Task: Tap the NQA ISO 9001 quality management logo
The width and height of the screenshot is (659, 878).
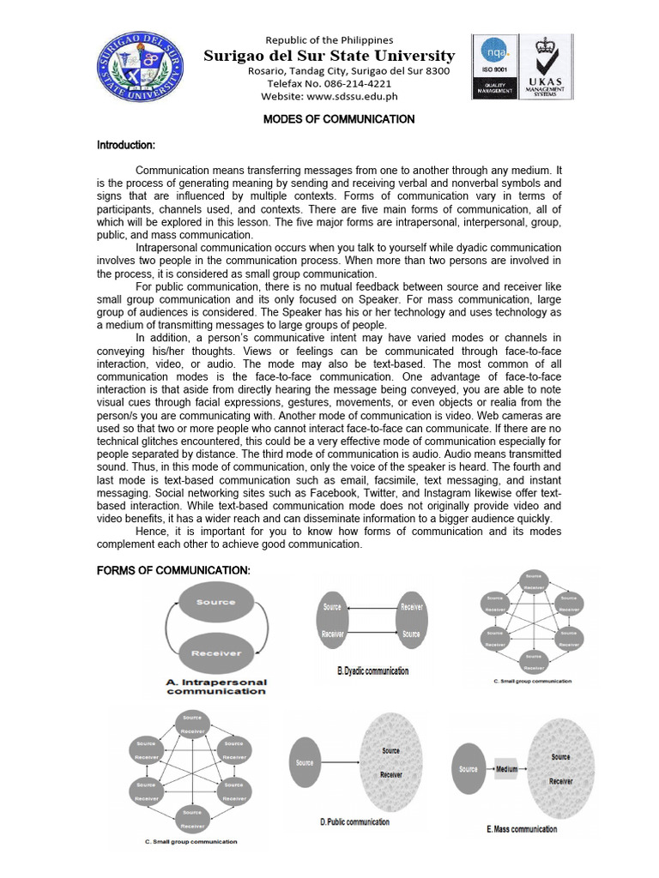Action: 496,66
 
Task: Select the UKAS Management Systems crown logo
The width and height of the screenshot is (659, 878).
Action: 546,66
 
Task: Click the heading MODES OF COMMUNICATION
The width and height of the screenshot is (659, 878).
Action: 338,119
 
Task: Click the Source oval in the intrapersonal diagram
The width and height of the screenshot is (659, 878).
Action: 215,603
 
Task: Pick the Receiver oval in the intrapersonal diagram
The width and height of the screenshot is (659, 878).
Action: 215,653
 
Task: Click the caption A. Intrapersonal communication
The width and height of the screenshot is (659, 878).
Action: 216,688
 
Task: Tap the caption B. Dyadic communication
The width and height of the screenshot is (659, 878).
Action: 372,671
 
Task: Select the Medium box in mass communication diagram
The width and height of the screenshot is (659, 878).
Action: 506,769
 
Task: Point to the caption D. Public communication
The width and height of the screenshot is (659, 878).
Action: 354,822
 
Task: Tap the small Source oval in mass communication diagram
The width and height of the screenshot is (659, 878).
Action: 469,769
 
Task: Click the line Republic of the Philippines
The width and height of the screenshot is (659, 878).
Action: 329,40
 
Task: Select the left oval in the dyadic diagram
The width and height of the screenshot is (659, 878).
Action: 333,620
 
